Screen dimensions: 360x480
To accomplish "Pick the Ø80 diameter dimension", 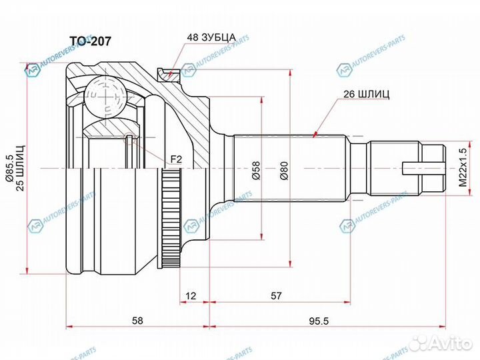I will point(285,170).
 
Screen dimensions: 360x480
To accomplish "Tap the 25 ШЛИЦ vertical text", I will point(21,167).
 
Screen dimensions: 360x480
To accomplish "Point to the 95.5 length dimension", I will point(325,321).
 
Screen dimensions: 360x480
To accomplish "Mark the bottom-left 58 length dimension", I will point(137,321).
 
